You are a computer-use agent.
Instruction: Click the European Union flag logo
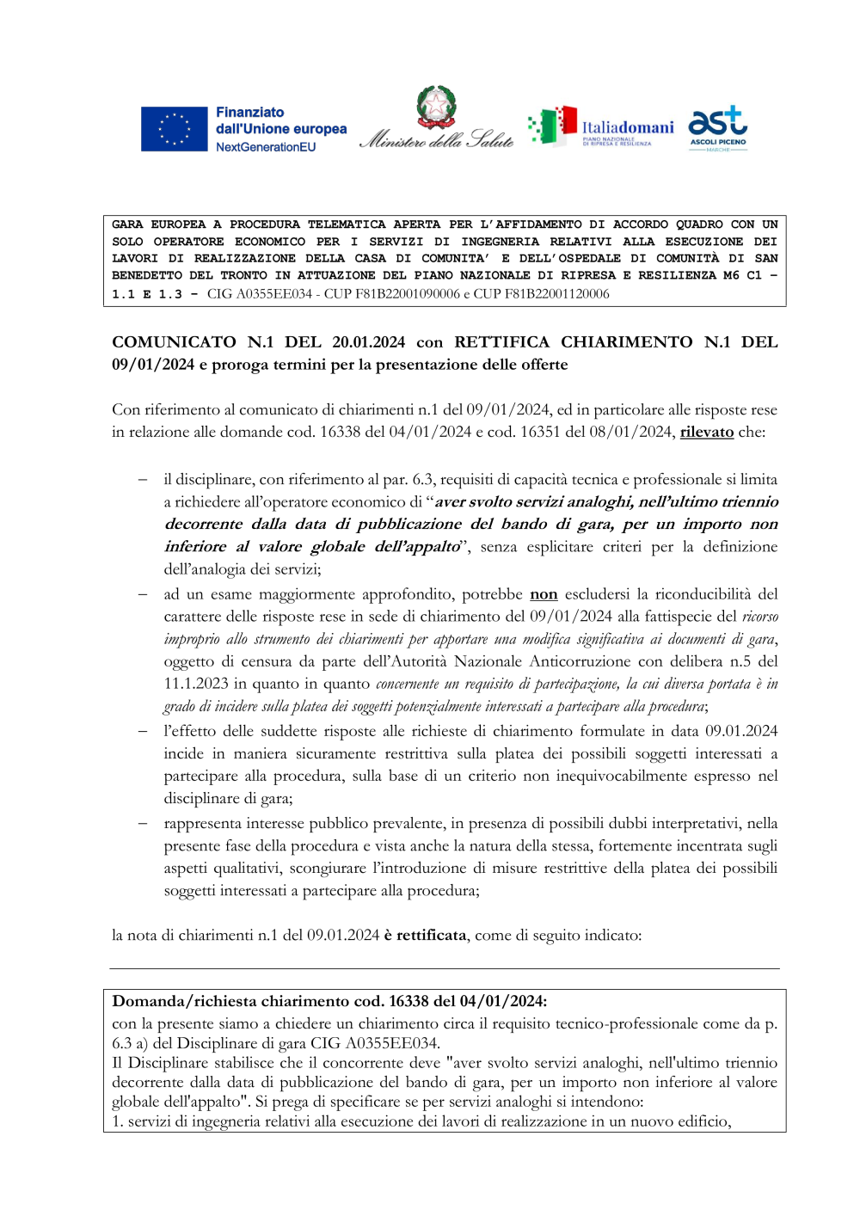coord(175,129)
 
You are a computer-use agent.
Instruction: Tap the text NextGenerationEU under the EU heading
coord(266,147)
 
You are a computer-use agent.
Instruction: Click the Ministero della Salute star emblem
coord(436,106)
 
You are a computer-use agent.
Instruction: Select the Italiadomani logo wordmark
coord(628,128)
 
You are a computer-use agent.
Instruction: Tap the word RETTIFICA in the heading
coord(502,342)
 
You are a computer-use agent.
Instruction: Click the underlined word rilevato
coord(707,432)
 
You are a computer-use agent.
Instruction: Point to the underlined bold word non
coord(544,594)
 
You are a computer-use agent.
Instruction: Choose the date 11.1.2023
coord(197,684)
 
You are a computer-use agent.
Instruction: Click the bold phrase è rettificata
coord(425,935)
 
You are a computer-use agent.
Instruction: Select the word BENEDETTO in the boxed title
coord(147,275)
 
